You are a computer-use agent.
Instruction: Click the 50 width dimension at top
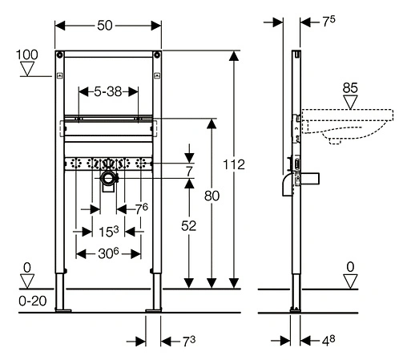pyautogui.click(x=104, y=26)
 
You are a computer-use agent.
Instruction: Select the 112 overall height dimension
pyautogui.click(x=234, y=164)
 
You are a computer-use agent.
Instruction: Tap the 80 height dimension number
pyautogui.click(x=212, y=196)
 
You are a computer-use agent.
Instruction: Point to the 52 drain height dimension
pyautogui.click(x=188, y=226)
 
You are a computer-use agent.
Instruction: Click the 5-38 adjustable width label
pyautogui.click(x=108, y=91)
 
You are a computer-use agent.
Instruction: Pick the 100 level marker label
pyautogui.click(x=27, y=55)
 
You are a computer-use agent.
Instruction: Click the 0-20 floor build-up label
pyautogui.click(x=33, y=301)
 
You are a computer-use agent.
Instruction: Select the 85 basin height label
pyautogui.click(x=350, y=88)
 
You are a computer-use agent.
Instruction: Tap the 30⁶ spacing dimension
pyautogui.click(x=108, y=253)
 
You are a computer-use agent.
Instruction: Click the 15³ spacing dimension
pyautogui.click(x=109, y=232)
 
